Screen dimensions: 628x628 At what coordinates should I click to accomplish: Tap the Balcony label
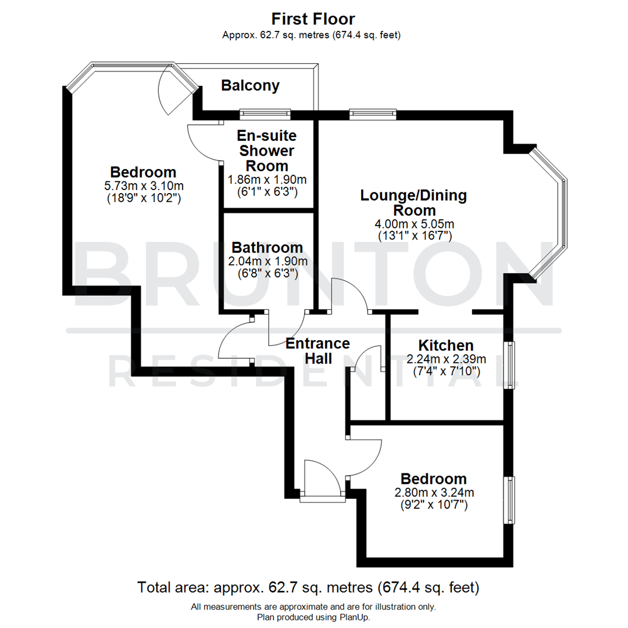click(250, 86)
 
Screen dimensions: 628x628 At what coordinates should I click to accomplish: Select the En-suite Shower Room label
click(267, 151)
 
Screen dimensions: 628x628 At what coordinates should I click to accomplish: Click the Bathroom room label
click(267, 247)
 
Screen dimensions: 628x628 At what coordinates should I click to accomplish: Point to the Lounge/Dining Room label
click(413, 202)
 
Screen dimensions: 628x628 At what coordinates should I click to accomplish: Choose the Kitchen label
click(445, 345)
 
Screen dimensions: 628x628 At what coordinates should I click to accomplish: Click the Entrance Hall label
click(317, 351)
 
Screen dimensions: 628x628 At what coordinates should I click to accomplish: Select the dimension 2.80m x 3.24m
click(434, 493)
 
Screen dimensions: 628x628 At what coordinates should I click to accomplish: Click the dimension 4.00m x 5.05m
click(413, 223)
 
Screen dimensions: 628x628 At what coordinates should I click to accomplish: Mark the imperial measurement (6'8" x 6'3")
click(267, 273)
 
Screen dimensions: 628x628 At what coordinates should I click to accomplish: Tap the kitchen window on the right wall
click(511, 365)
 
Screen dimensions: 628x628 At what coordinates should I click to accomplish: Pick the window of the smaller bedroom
click(510, 500)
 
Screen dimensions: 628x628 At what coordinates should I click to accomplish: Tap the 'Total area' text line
click(308, 587)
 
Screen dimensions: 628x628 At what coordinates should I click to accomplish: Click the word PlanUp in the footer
click(353, 617)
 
